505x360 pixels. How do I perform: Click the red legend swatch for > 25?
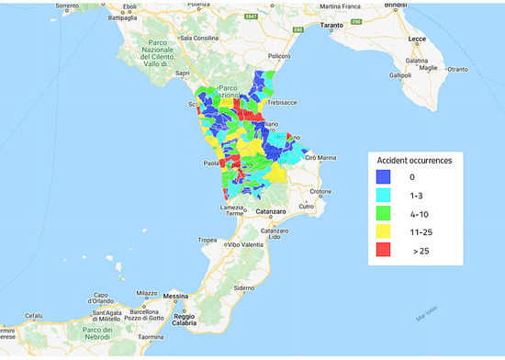tap(383, 251)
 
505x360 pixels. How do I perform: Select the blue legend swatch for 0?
tap(383, 177)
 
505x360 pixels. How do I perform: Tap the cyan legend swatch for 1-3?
tap(383, 196)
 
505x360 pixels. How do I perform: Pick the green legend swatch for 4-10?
tap(383, 214)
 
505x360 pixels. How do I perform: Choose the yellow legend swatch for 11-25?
tap(383, 232)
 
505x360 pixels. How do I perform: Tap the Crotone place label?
tap(320, 191)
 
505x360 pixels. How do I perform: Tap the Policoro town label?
tap(279, 56)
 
